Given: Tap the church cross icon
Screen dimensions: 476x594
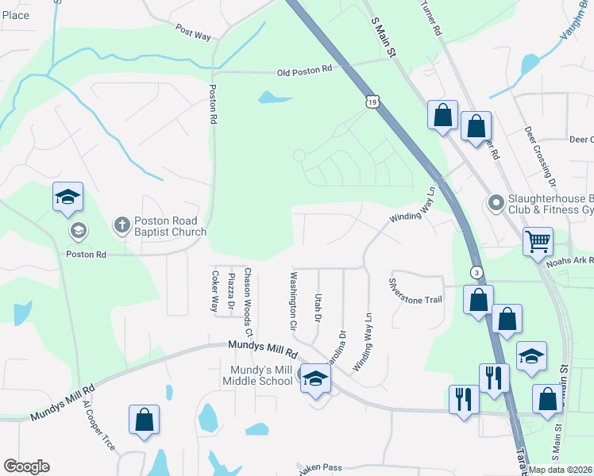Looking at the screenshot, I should pyautogui.click(x=121, y=226).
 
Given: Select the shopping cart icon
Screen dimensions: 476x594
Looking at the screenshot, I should pyautogui.click(x=538, y=240).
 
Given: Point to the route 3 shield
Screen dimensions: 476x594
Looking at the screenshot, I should pyautogui.click(x=476, y=271).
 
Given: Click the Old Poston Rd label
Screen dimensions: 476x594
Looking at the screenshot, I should pyautogui.click(x=304, y=71).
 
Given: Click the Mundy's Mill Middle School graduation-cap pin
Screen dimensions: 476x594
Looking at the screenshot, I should pyautogui.click(x=314, y=378).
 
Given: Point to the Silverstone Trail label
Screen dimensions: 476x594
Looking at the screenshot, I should pyautogui.click(x=415, y=290).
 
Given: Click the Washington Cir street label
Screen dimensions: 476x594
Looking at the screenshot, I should pyautogui.click(x=293, y=301).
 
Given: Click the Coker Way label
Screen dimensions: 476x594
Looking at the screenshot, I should pyautogui.click(x=214, y=290).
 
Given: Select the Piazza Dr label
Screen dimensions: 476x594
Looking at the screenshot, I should pyautogui.click(x=231, y=291).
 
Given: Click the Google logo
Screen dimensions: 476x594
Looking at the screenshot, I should pyautogui.click(x=26, y=466).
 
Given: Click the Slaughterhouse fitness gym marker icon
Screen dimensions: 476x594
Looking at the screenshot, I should pyautogui.click(x=496, y=204).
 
